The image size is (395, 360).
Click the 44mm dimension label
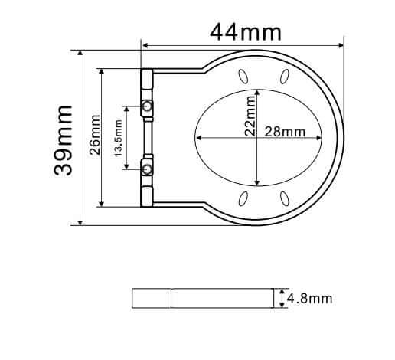point(246,32)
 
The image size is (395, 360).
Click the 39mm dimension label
point(64,140)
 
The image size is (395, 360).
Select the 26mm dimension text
point(95,135)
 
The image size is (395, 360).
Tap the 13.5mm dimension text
point(118,138)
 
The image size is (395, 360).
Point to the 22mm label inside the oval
point(250,116)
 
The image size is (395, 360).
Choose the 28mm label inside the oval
point(285,132)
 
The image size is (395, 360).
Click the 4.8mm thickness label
point(309,298)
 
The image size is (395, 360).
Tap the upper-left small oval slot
point(243,77)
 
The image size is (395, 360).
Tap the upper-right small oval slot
point(285,77)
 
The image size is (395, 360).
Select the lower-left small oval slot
point(243,198)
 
